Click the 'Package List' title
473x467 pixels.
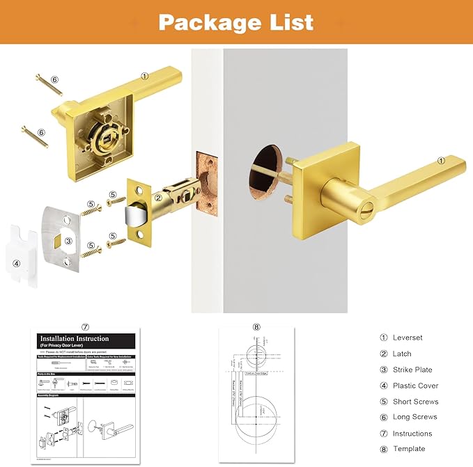click(235, 22)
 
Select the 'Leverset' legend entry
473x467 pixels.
click(407, 338)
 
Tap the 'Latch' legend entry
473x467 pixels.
click(402, 354)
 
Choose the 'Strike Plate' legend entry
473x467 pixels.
click(412, 370)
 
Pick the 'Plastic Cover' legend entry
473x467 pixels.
click(415, 386)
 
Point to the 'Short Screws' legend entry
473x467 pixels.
click(415, 402)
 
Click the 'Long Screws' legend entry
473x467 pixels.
click(414, 417)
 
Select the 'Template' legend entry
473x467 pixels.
click(408, 449)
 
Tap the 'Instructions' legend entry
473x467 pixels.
click(412, 433)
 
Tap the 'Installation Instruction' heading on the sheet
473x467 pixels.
click(75, 339)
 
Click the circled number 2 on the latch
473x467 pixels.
click(158, 198)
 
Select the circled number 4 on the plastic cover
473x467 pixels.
click(17, 263)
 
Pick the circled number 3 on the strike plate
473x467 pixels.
click(68, 241)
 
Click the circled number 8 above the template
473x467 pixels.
click(256, 327)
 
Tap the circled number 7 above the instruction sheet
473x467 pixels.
click(85, 326)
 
